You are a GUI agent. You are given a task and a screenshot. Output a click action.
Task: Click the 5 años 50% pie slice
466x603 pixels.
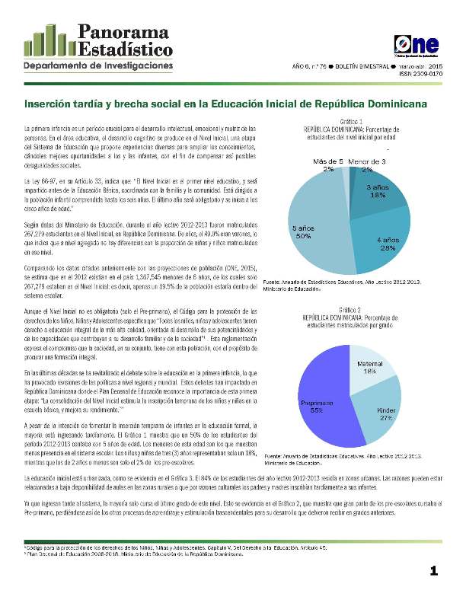pyautogui.click(x=308, y=228)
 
